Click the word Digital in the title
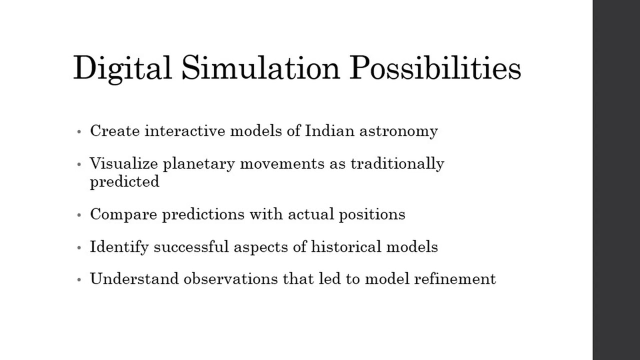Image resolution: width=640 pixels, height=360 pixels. click(122, 68)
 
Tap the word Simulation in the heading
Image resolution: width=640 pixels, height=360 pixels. click(260, 68)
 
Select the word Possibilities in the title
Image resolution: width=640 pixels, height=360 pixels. click(435, 68)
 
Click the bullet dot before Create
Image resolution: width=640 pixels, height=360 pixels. click(79, 132)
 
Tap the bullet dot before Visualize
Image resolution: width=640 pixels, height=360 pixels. click(79, 164)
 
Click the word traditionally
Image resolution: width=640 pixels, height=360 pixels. click(397, 164)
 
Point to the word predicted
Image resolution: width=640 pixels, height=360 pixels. click(124, 181)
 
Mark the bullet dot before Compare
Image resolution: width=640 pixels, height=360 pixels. click(79, 215)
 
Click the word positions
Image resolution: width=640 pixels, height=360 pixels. click(372, 215)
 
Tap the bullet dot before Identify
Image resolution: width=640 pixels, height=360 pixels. click(79, 247)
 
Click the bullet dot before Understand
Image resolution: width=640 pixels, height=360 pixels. click(79, 279)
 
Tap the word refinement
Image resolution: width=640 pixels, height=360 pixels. click(455, 279)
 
